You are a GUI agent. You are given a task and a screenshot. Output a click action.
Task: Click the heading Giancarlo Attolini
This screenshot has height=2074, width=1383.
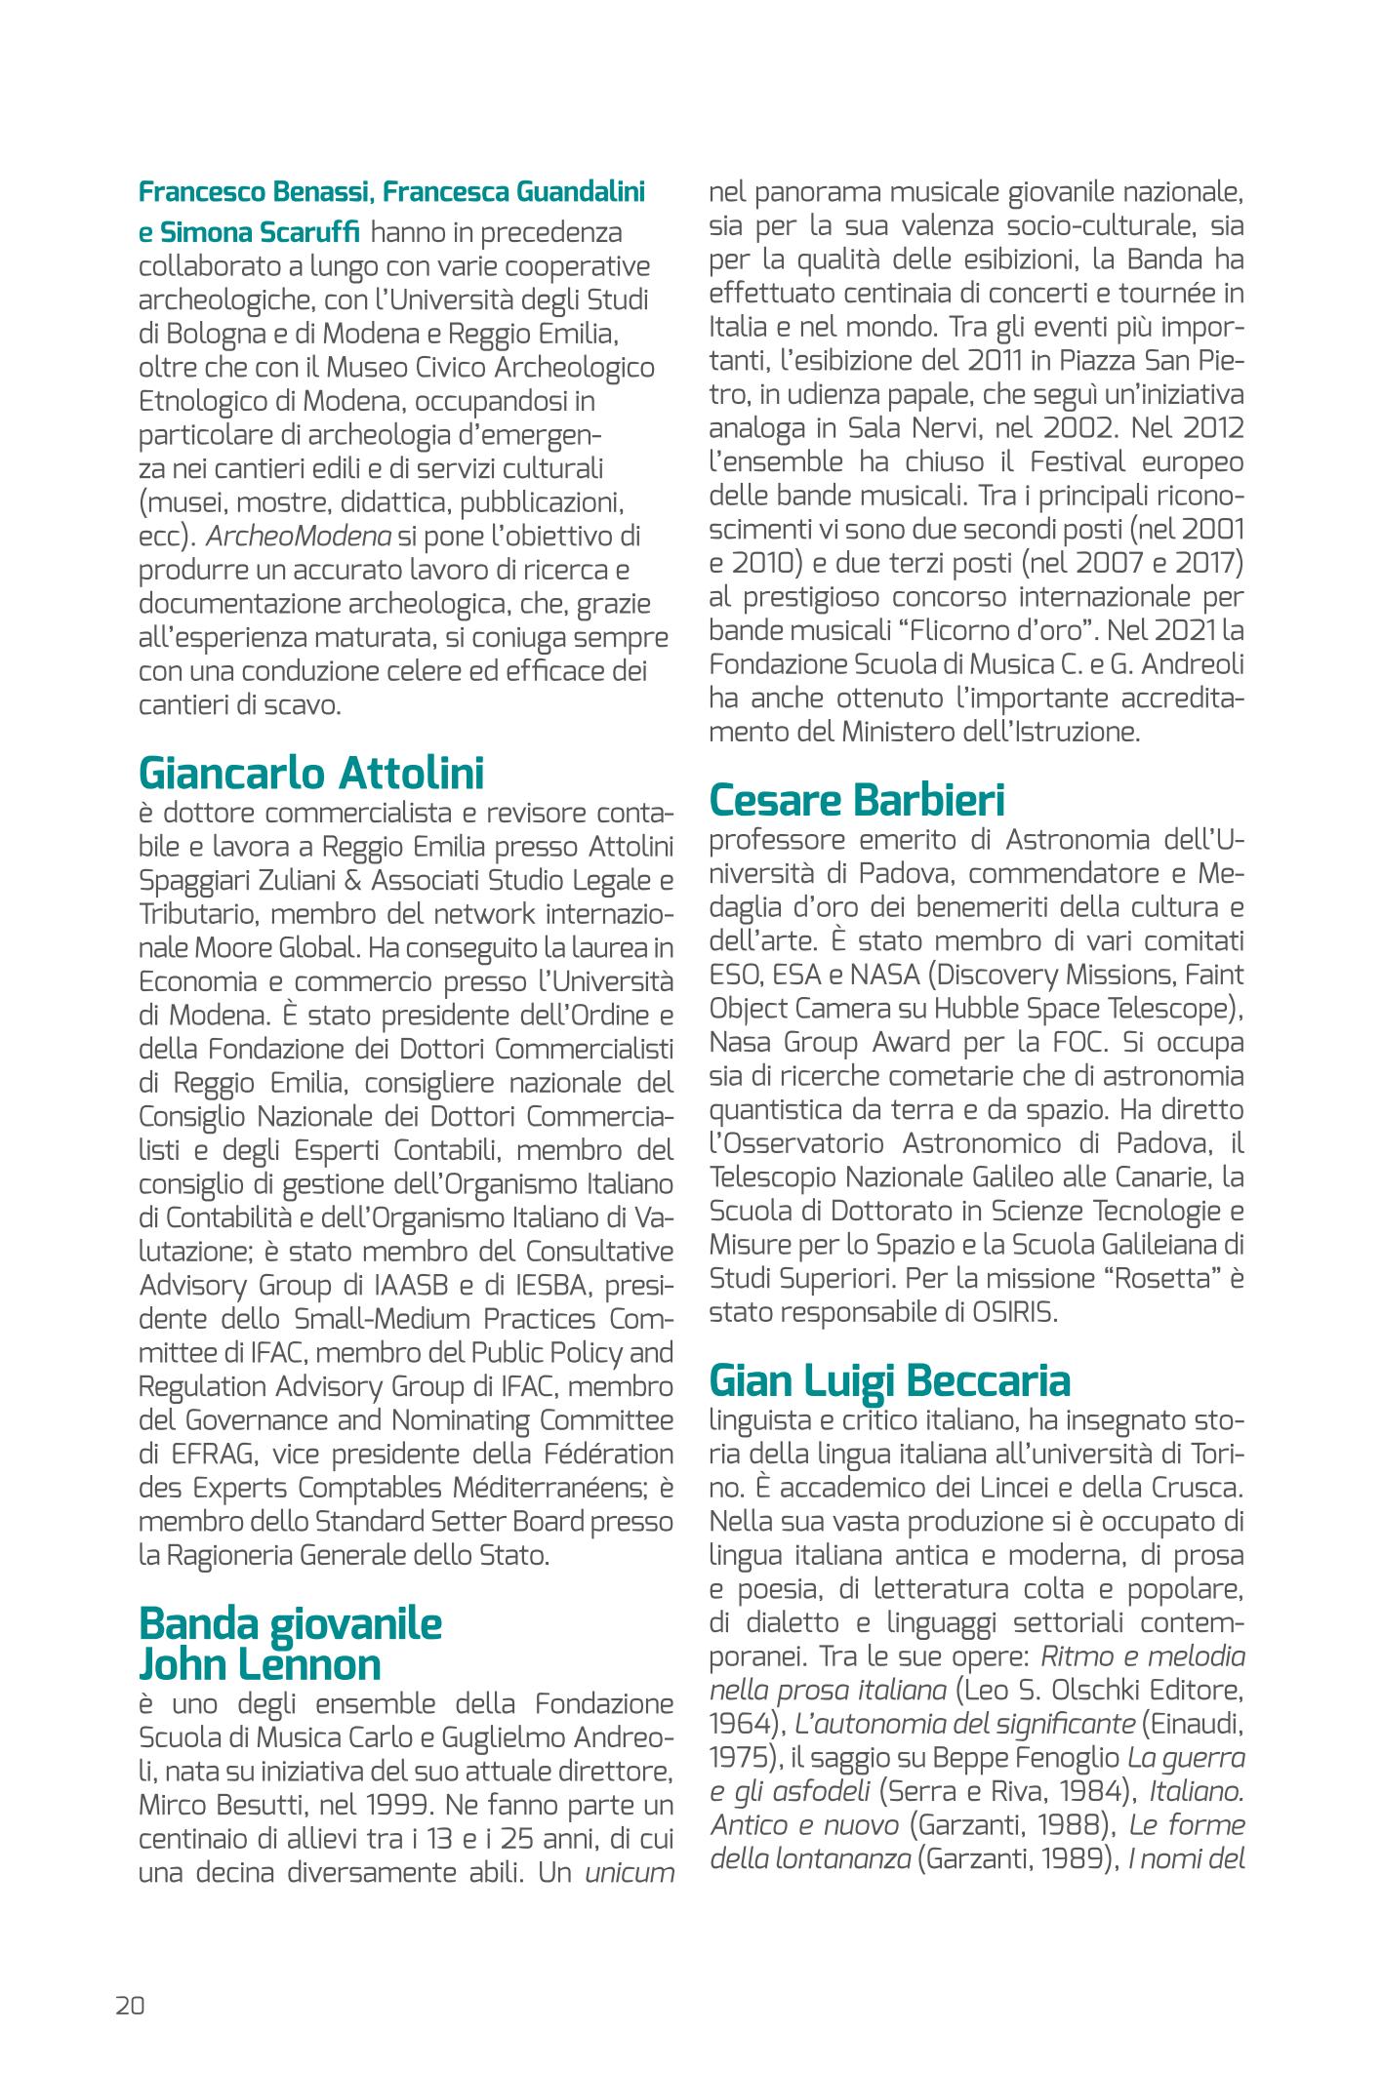(311, 773)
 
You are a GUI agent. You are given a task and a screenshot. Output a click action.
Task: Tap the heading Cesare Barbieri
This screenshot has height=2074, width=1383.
(857, 800)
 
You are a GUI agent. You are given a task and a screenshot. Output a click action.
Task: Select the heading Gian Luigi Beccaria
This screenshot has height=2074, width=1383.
(889, 1380)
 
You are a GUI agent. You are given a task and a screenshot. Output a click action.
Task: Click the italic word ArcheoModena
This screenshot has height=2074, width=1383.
(299, 537)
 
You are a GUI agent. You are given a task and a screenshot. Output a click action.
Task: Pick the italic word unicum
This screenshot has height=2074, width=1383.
(630, 1874)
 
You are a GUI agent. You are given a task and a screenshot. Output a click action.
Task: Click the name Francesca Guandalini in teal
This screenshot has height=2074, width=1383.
(513, 192)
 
